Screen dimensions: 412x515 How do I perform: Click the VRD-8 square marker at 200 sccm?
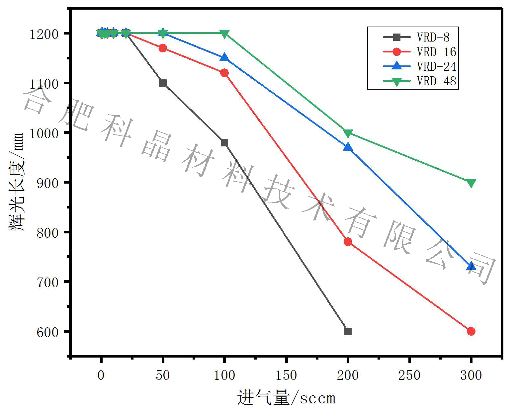tap(348, 331)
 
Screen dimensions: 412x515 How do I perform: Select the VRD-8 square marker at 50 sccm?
tap(163, 83)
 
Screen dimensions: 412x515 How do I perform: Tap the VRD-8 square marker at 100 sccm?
tap(224, 142)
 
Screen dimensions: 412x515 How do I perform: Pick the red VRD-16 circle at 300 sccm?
tap(471, 331)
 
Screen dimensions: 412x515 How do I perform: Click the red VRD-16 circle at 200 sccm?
tap(348, 242)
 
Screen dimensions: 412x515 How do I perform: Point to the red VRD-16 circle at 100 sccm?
tap(224, 73)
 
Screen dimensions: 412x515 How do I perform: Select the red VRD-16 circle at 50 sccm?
tap(163, 48)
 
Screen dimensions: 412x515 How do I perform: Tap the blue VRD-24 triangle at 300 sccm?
tap(471, 266)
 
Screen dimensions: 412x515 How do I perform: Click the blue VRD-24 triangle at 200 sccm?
tap(348, 147)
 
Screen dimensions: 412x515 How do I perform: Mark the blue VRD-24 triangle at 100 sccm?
tap(224, 58)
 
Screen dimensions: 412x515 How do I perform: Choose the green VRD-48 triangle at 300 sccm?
tap(471, 183)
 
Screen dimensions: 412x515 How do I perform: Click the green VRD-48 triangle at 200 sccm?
tap(348, 133)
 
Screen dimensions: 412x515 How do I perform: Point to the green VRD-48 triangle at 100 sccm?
tap(224, 34)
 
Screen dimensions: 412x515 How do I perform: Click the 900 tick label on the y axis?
tap(47, 183)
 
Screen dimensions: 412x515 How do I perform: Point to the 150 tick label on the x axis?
tap(286, 375)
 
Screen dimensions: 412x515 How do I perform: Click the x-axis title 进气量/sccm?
tap(286, 398)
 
